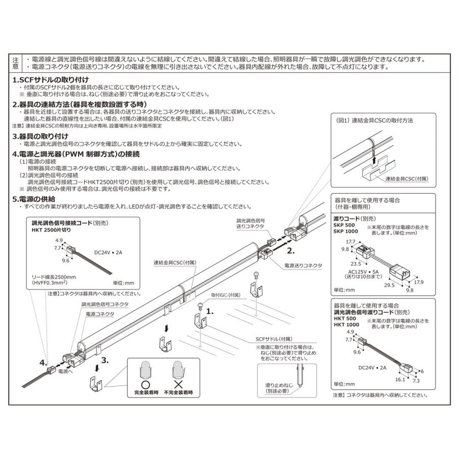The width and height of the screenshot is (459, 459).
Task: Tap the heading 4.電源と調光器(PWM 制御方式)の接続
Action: (76, 153)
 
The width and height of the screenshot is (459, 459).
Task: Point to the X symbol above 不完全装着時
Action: (178, 384)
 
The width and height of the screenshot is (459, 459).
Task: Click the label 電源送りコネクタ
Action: (303, 266)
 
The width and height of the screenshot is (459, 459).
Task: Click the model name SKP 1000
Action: (346, 231)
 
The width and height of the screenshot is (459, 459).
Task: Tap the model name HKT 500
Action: (345, 319)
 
